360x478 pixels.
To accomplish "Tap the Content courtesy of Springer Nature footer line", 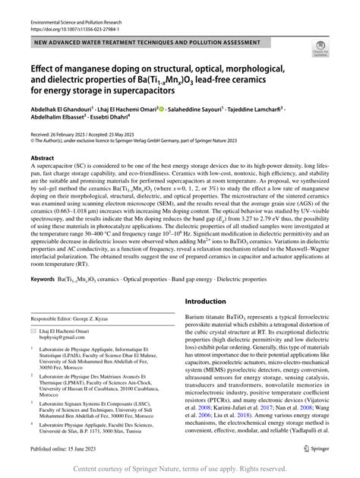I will pos(180,468).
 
